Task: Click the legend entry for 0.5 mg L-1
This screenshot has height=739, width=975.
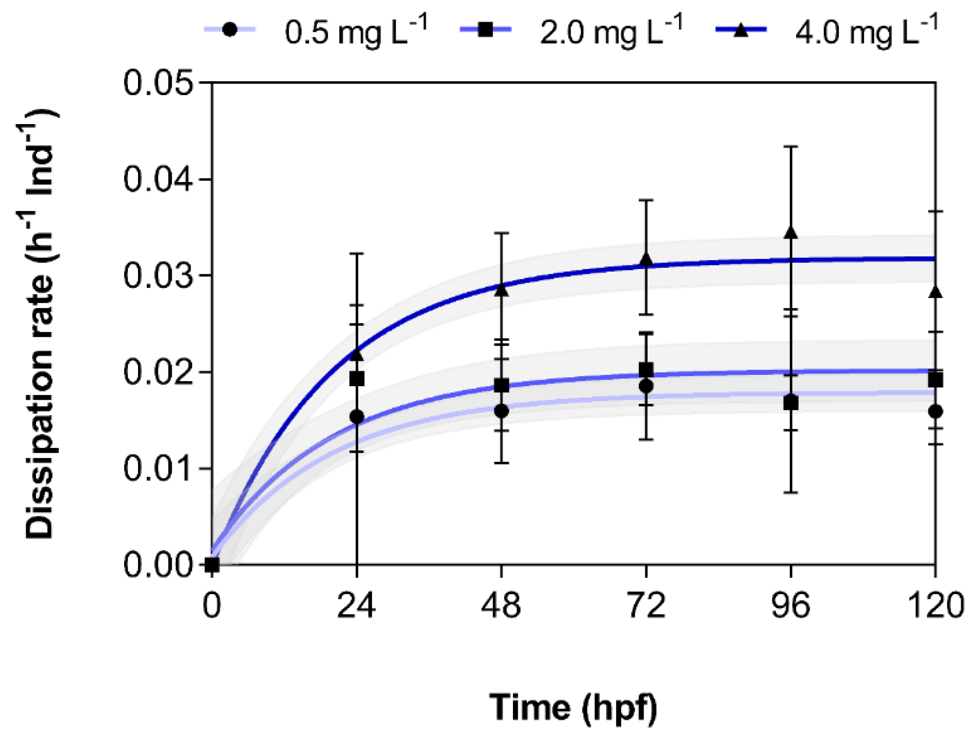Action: click(x=315, y=31)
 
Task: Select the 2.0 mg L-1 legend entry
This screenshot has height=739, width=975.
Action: click(x=571, y=31)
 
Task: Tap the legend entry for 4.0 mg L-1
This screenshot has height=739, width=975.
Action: click(x=827, y=31)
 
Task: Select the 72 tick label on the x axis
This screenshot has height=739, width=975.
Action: click(x=646, y=605)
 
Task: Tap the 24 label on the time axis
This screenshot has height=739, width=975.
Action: click(x=356, y=605)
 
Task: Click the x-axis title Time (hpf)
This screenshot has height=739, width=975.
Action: click(x=573, y=707)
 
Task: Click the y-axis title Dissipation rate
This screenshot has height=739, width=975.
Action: click(x=40, y=324)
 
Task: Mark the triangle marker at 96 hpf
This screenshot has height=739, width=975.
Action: click(x=792, y=232)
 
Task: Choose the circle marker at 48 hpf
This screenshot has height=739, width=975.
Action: click(x=502, y=411)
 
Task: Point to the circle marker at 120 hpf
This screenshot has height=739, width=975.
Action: click(x=935, y=412)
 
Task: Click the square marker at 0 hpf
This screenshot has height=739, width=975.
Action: click(x=212, y=564)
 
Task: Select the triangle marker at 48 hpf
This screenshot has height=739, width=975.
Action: click(x=502, y=291)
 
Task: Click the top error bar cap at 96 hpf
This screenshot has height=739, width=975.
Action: click(x=792, y=146)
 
